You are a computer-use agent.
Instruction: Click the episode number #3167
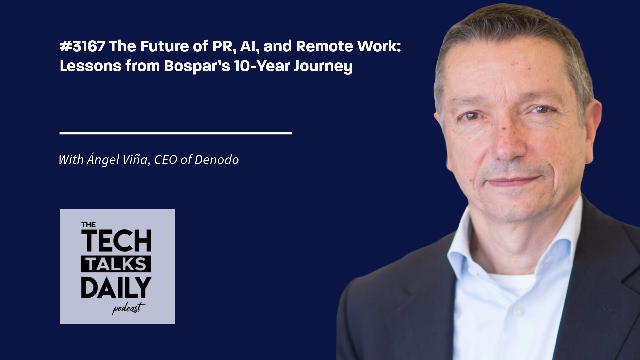point(82,46)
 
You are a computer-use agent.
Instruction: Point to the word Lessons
point(90,66)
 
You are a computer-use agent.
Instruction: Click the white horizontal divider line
point(176,133)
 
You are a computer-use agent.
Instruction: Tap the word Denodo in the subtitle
point(217,160)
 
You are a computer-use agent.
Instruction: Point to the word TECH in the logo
point(116,241)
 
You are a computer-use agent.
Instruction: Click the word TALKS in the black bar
point(116,264)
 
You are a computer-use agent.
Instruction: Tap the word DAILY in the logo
point(116,287)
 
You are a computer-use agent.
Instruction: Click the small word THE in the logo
point(88,225)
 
